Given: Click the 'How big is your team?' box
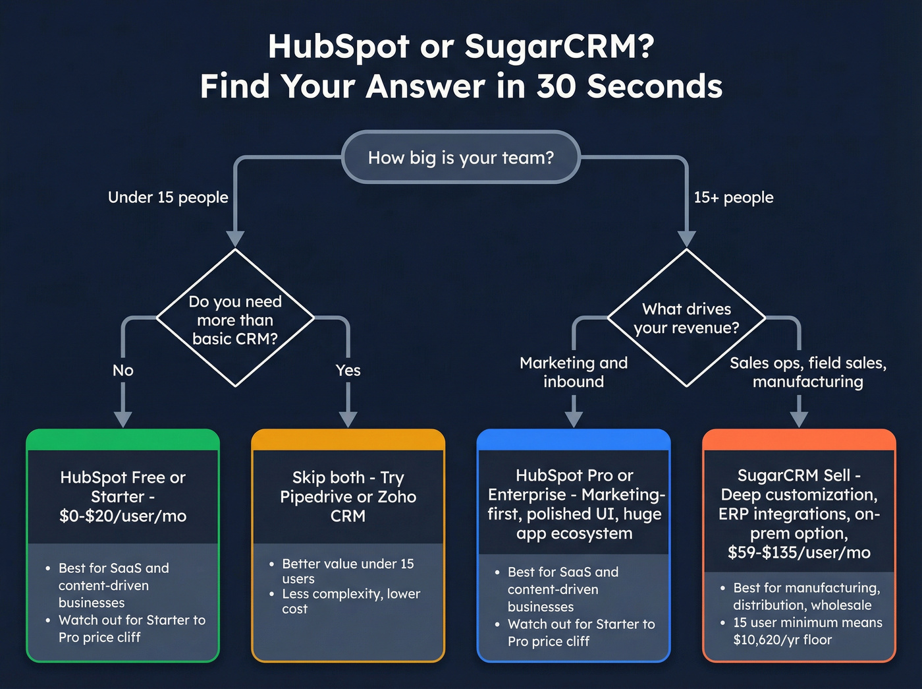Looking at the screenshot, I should point(460,158).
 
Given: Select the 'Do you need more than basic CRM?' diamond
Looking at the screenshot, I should point(235,320).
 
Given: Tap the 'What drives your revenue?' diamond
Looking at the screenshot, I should point(686,318).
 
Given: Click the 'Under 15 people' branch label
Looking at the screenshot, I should point(168,197).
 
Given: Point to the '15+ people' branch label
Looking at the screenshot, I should point(733,197).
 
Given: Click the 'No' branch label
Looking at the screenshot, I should point(123,371).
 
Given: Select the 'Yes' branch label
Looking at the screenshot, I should point(348,371).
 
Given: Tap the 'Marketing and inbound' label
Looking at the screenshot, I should point(574,372).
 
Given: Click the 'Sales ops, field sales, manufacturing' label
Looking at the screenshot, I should point(807,372).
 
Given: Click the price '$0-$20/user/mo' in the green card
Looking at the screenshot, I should point(123,516).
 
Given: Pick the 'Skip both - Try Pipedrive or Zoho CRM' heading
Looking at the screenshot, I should point(348,496).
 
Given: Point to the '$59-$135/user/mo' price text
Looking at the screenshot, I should point(799,553).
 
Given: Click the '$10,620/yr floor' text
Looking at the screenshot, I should point(782,640).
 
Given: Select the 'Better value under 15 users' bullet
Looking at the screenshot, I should point(348,571).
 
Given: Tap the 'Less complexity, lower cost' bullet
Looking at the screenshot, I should point(350,601).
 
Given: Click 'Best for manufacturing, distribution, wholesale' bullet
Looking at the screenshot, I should point(806,596).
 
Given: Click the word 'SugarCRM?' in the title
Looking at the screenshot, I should point(559,46).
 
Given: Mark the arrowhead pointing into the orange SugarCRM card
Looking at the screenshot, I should point(799,419).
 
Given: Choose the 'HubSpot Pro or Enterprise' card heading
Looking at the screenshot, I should point(574,485).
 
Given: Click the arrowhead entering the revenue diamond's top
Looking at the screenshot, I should point(686,239).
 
